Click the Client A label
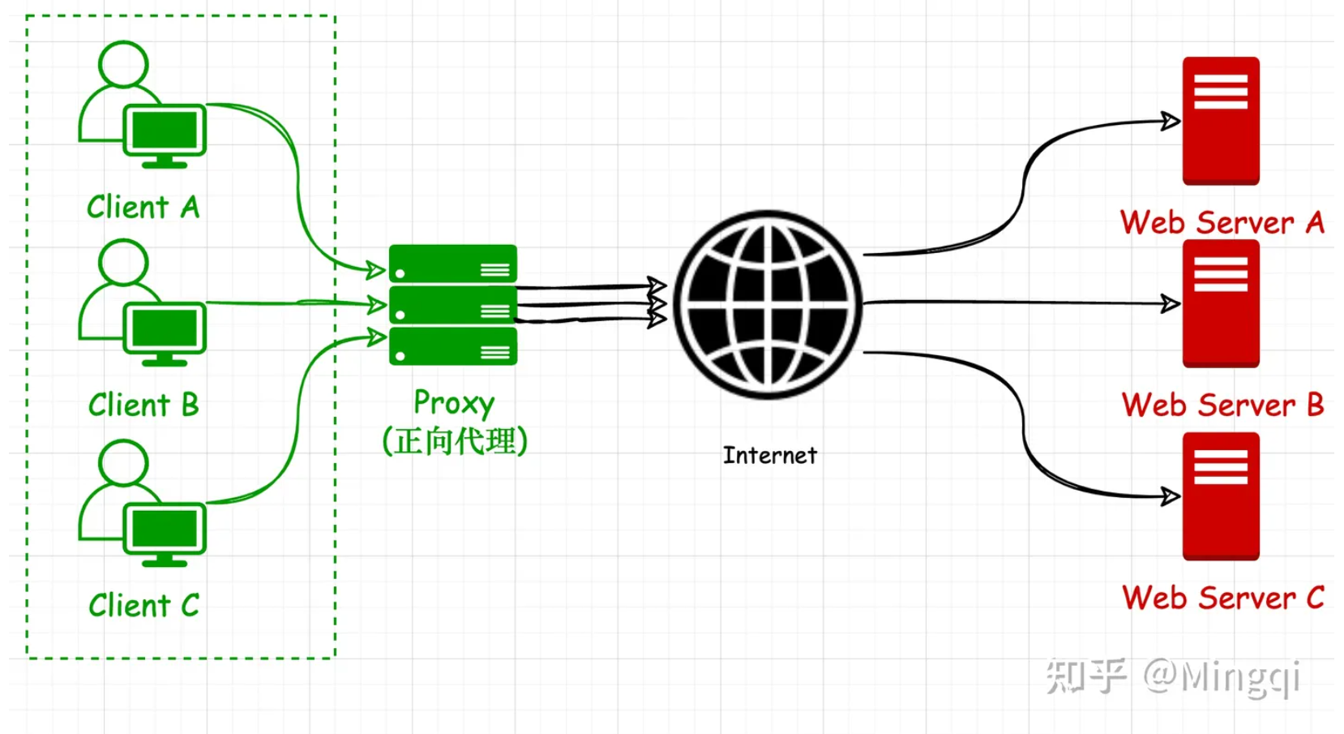(x=143, y=208)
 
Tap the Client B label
(x=143, y=405)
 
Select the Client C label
(x=143, y=605)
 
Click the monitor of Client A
(x=165, y=131)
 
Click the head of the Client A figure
(x=123, y=63)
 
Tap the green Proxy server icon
(x=452, y=305)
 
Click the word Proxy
(x=453, y=403)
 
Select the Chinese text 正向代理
(x=455, y=441)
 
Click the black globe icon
(x=768, y=305)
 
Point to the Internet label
(x=769, y=456)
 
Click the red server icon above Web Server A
(x=1220, y=121)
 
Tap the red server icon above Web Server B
(x=1220, y=303)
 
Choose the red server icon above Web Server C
(x=1220, y=496)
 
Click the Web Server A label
(x=1222, y=223)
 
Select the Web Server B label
(x=1222, y=405)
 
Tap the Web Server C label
(x=1222, y=599)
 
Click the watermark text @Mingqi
(x=1221, y=677)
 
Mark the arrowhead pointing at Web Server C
(x=1170, y=496)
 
